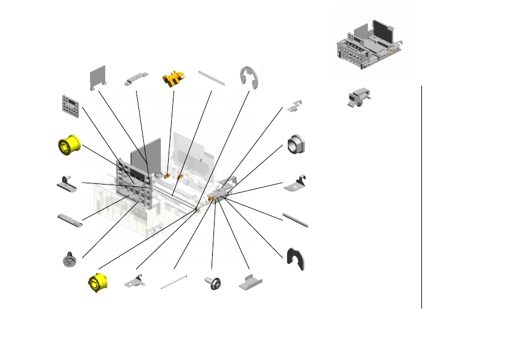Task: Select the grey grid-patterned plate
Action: pyautogui.click(x=71, y=106)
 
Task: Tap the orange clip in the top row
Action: pyautogui.click(x=173, y=79)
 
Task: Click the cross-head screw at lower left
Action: pyautogui.click(x=68, y=260)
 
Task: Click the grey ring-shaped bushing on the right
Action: pyautogui.click(x=297, y=145)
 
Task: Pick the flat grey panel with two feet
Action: pyautogui.click(x=98, y=77)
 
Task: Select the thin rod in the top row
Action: pyautogui.click(x=212, y=78)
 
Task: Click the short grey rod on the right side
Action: pyautogui.click(x=296, y=220)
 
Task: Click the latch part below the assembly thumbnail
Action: pyautogui.click(x=358, y=99)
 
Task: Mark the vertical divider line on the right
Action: pyautogui.click(x=421, y=197)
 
